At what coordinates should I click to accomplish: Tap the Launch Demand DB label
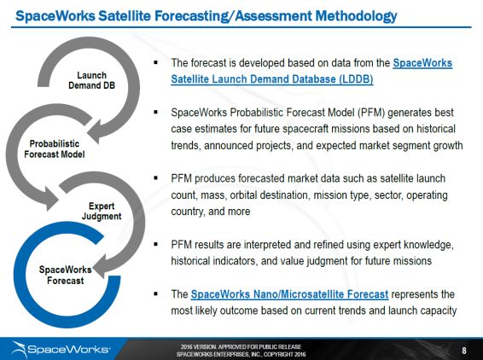(x=91, y=80)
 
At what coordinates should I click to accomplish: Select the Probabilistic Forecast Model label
(x=55, y=149)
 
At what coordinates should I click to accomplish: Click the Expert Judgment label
(x=102, y=212)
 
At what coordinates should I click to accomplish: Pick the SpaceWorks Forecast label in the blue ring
(x=66, y=276)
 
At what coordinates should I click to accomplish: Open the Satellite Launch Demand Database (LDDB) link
(x=272, y=79)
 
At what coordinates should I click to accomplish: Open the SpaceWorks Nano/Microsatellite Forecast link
(x=289, y=294)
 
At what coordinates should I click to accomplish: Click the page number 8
(x=464, y=350)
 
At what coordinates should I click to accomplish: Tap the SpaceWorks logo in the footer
(x=61, y=350)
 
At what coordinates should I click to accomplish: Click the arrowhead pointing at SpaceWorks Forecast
(x=101, y=265)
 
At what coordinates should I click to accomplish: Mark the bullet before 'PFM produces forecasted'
(x=155, y=178)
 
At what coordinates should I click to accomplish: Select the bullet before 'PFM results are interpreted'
(x=155, y=244)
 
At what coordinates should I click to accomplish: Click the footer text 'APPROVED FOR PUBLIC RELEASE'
(x=259, y=347)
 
